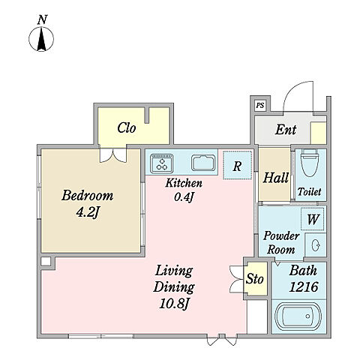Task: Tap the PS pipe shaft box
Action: (x=260, y=105)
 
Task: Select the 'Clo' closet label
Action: (x=127, y=127)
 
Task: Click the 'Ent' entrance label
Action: (x=286, y=130)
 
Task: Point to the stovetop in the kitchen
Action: (x=162, y=163)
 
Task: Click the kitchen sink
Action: (x=203, y=163)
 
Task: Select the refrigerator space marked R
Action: (x=237, y=165)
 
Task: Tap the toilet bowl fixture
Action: (x=310, y=163)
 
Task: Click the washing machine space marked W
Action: (x=313, y=219)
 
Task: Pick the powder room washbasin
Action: (x=316, y=245)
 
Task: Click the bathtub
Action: (x=298, y=316)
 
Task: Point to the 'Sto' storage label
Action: (x=255, y=279)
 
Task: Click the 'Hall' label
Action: (x=276, y=178)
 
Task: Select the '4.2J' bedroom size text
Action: (x=88, y=213)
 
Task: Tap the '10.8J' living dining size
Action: (x=174, y=304)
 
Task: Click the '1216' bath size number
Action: (x=304, y=286)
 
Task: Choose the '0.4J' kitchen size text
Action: (x=184, y=197)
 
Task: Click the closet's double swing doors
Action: (x=113, y=155)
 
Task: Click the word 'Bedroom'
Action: (x=88, y=195)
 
